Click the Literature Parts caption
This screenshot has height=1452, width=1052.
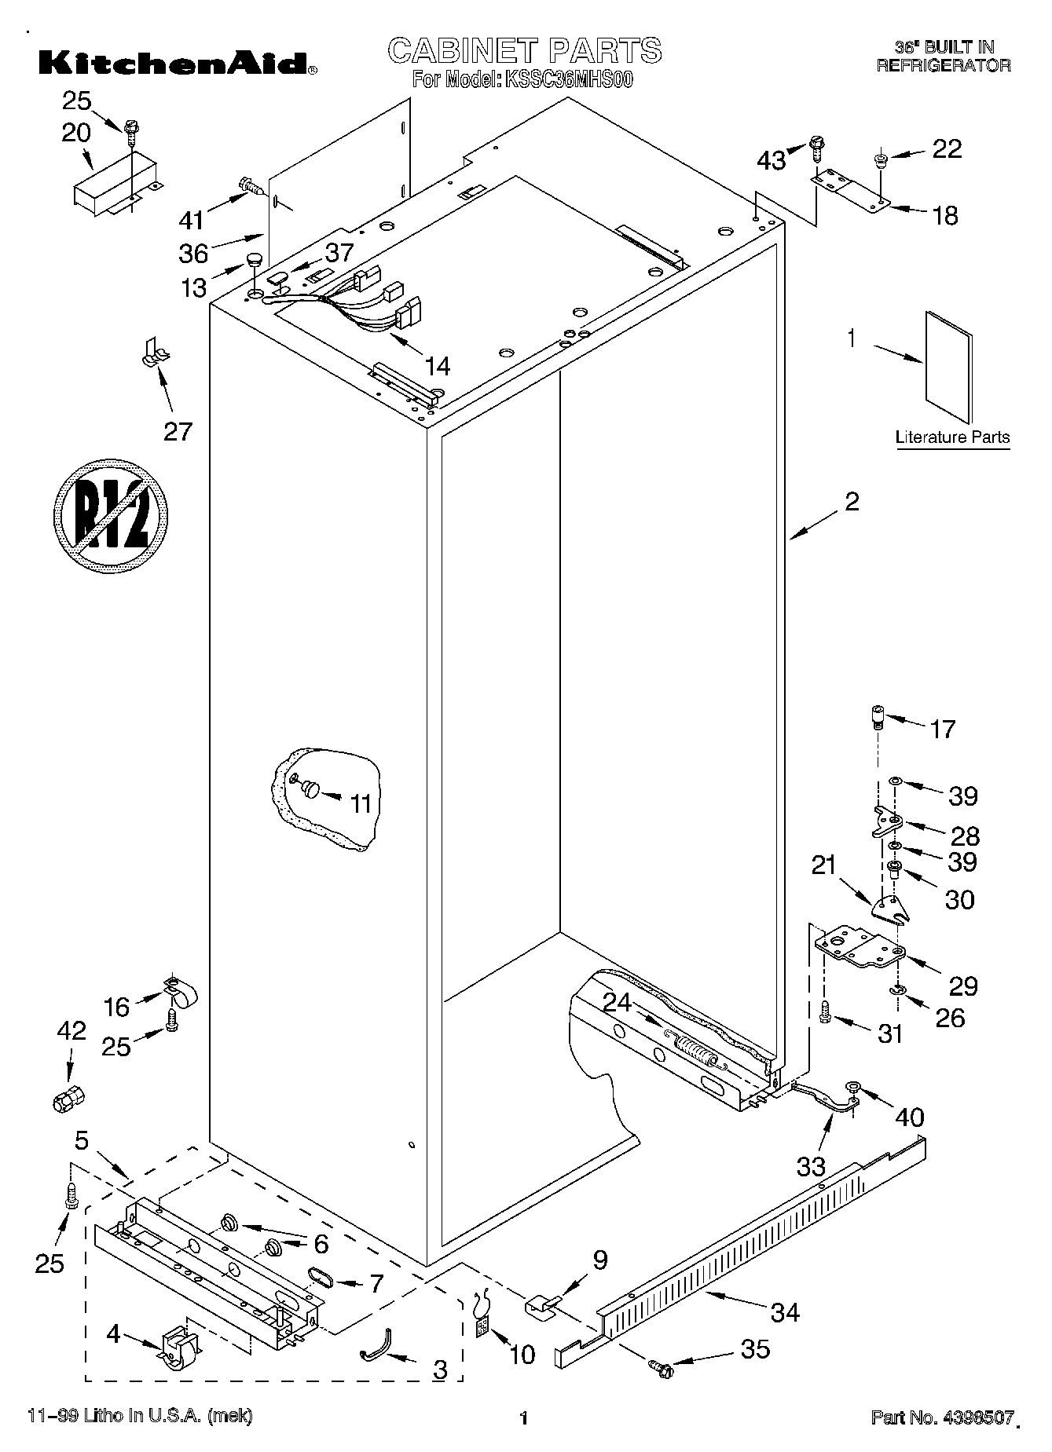(x=952, y=437)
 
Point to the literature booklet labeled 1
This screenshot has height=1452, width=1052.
(x=948, y=368)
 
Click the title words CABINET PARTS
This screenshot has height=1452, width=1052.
(x=525, y=51)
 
